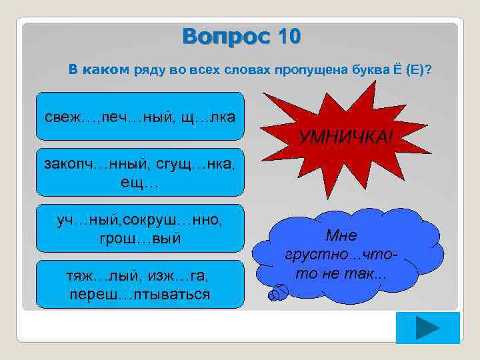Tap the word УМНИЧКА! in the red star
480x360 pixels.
click(x=346, y=137)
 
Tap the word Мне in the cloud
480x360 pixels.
click(x=341, y=235)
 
